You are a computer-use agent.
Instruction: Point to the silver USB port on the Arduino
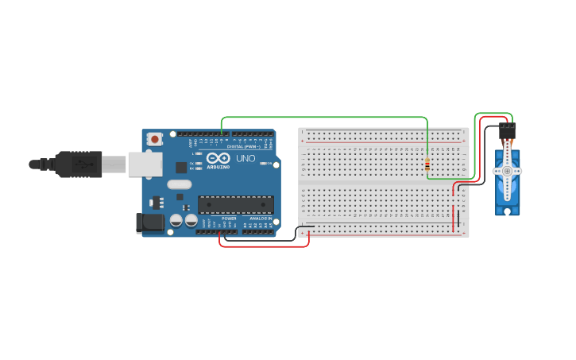(145, 164)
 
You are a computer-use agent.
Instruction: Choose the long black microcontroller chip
(235, 204)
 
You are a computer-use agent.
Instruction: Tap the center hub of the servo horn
(507, 170)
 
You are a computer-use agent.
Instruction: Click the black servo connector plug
(507, 132)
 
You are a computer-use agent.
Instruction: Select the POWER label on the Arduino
(229, 218)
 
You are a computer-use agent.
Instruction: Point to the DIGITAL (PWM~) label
(242, 147)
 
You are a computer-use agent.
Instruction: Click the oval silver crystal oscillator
(180, 184)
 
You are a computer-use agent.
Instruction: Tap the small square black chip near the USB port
(181, 167)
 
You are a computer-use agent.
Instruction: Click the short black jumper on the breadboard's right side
(458, 218)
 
